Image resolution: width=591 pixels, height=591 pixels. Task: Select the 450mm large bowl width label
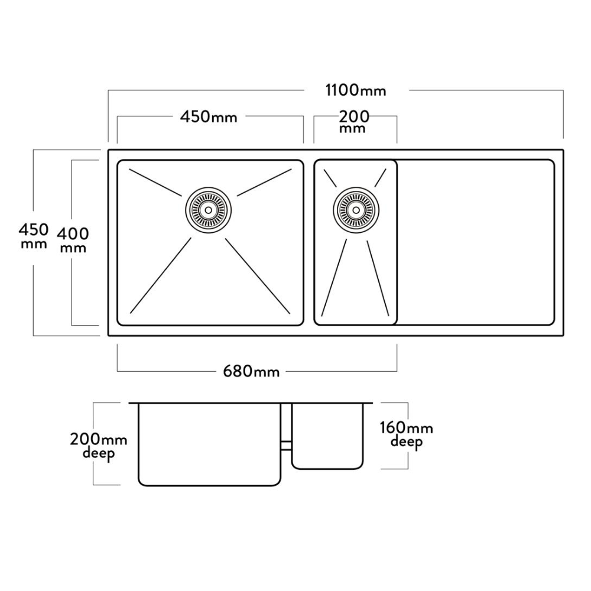(x=209, y=117)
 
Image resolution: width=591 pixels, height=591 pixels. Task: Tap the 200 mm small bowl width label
(x=354, y=121)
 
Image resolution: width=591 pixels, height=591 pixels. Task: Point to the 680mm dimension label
(x=252, y=371)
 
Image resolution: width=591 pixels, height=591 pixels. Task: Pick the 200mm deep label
(x=98, y=446)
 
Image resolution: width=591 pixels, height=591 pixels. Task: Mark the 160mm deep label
(x=407, y=435)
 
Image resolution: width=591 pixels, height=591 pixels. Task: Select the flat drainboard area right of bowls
(x=475, y=242)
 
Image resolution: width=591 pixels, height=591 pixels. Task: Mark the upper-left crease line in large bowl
(x=155, y=183)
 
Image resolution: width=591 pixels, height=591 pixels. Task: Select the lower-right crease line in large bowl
(x=258, y=275)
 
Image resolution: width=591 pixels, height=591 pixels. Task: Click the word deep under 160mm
(x=407, y=443)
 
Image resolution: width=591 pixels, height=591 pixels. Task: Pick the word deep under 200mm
(x=98, y=454)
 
